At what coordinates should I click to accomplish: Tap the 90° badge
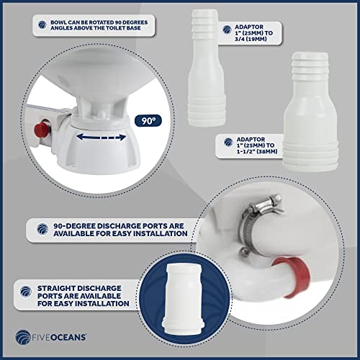click(x=148, y=121)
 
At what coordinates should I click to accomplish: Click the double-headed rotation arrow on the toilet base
click(x=102, y=138)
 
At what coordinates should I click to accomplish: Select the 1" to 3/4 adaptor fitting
click(x=206, y=68)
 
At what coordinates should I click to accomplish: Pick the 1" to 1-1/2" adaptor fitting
click(x=310, y=112)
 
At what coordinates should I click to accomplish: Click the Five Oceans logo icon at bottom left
click(x=23, y=337)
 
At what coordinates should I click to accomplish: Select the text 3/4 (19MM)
click(x=251, y=39)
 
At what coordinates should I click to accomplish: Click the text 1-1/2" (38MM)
click(x=257, y=151)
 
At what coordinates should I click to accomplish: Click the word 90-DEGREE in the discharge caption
click(x=74, y=226)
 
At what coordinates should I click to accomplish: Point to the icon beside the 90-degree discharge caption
click(x=42, y=229)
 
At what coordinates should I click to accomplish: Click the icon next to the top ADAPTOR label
click(x=227, y=30)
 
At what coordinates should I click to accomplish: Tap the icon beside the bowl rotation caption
click(x=42, y=24)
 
